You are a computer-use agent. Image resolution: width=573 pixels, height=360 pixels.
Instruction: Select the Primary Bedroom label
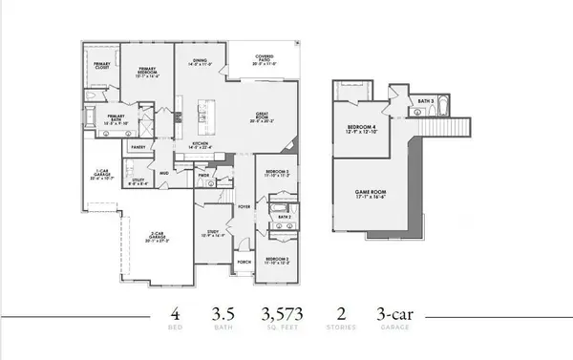point(147,72)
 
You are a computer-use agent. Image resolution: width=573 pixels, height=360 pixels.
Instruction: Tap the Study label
point(214,232)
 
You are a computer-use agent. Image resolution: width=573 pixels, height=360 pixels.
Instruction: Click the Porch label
point(244,260)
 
